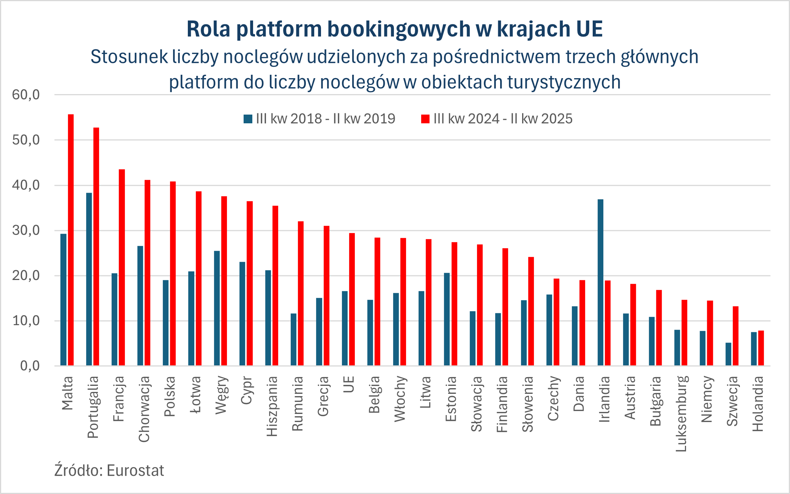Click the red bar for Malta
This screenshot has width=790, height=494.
click(71, 240)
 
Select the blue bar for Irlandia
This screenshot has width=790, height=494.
click(600, 282)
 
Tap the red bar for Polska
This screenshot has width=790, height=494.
click(173, 274)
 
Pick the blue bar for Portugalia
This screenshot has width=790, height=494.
click(89, 279)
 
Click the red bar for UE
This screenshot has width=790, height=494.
click(352, 299)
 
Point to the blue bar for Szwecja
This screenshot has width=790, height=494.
click(728, 354)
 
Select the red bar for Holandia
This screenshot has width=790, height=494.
click(761, 348)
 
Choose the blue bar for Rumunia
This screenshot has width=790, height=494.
click(293, 340)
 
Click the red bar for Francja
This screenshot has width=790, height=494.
click(122, 267)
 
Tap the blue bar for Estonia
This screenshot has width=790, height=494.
click(447, 319)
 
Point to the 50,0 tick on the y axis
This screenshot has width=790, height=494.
click(26, 140)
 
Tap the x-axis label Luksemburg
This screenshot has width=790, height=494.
click(681, 414)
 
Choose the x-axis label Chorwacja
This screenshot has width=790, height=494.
click(144, 409)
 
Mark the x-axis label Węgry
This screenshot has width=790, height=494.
click(221, 395)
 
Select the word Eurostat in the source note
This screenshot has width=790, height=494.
click(135, 470)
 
